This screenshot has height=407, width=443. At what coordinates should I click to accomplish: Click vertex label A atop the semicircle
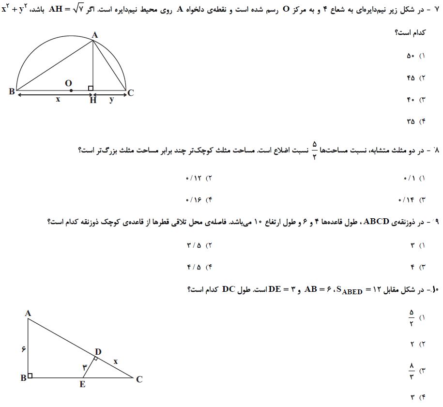pyautogui.click(x=94, y=34)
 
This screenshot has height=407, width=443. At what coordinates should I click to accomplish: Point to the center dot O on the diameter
pyautogui.click(x=71, y=90)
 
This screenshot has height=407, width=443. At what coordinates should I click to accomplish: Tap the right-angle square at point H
pyautogui.click(x=91, y=88)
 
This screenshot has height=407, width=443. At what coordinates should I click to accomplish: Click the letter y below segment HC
pyautogui.click(x=112, y=99)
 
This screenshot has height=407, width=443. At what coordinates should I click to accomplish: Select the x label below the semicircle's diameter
pyautogui.click(x=58, y=99)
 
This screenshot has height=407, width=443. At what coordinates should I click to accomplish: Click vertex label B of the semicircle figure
pyautogui.click(x=12, y=91)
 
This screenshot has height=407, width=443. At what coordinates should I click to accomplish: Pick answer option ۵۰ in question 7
pyautogui.click(x=411, y=56)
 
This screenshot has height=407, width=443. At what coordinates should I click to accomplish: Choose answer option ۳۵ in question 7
pyautogui.click(x=411, y=122)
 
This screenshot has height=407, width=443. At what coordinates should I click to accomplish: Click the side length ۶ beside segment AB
pyautogui.click(x=23, y=349)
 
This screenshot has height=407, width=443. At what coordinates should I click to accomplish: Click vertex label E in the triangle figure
pyautogui.click(x=82, y=385)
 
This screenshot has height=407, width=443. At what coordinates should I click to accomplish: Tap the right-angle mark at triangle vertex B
pyautogui.click(x=30, y=376)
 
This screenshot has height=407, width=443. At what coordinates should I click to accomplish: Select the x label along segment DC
pyautogui.click(x=115, y=361)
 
